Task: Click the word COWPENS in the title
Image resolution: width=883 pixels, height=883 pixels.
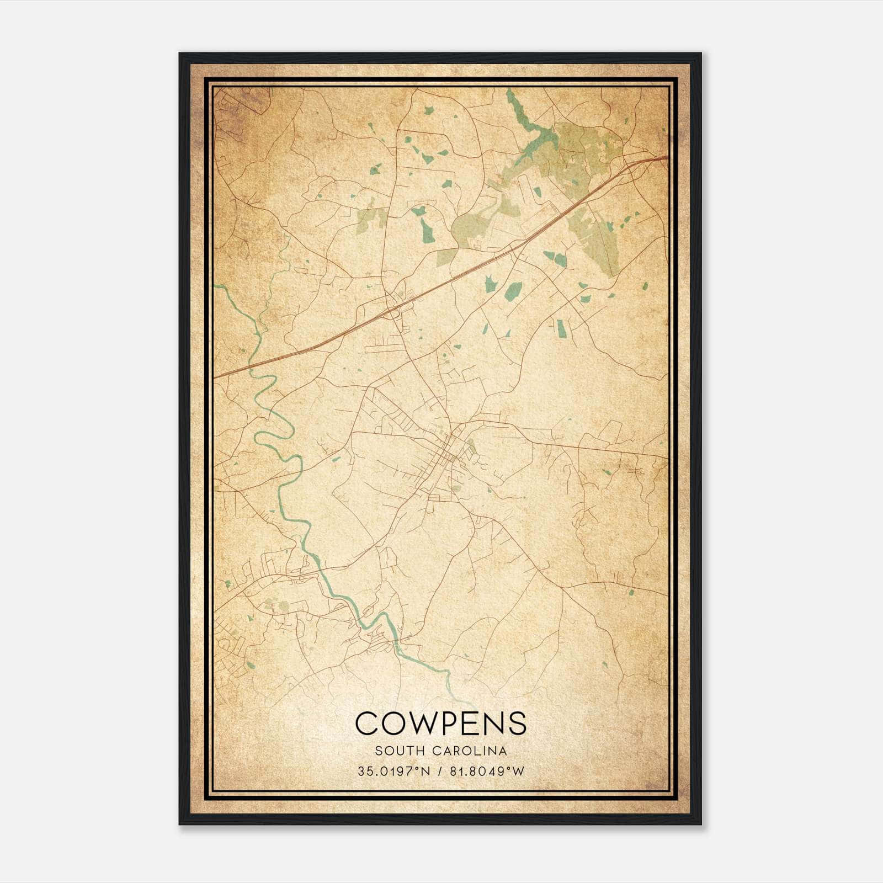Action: tap(440, 722)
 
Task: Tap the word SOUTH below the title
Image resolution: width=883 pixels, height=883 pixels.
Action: tap(393, 751)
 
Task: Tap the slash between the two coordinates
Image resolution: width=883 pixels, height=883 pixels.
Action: tap(438, 772)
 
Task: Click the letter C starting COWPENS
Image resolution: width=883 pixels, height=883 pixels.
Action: tap(366, 722)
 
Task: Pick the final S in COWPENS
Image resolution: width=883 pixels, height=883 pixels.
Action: tap(517, 722)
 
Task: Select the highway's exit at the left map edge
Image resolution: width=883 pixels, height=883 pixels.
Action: tap(216, 377)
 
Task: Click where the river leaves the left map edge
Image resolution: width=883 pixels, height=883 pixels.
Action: tap(216, 286)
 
